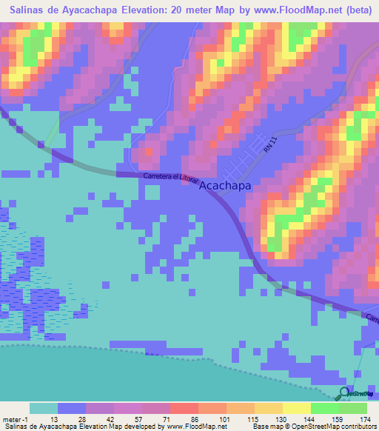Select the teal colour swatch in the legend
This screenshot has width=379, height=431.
click(43, 408)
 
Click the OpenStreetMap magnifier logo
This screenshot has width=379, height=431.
click(345, 393)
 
